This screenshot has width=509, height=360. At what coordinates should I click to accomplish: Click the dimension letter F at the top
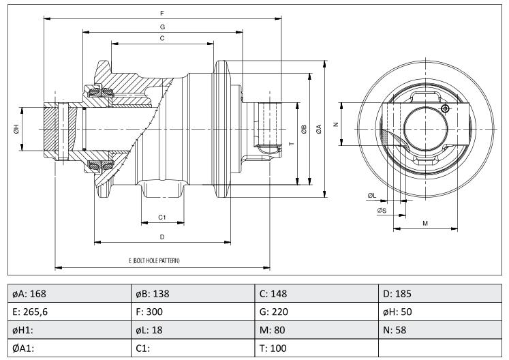pos(162,14)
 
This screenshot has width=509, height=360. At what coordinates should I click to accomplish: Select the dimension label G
pos(162,27)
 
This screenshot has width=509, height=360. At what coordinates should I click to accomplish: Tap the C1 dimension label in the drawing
pos(162,217)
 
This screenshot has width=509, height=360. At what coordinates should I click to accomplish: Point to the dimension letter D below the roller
pos(162,237)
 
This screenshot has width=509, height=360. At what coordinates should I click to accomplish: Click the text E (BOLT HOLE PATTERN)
pos(154,260)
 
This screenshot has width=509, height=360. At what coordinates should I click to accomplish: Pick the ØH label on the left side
pos(16,129)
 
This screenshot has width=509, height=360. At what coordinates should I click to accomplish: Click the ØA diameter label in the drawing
pos(319,129)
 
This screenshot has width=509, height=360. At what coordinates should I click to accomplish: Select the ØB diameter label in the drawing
pos(304,129)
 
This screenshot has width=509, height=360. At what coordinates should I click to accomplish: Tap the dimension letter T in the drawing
pos(292,143)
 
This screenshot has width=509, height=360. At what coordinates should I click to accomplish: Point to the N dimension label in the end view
pos(337,124)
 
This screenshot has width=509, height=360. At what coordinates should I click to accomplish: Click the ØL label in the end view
pos(372,196)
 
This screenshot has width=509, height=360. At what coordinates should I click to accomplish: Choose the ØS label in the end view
pos(382,211)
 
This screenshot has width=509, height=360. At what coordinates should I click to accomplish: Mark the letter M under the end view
pos(425,223)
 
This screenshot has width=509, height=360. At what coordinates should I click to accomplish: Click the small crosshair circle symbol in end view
pos(446,108)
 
